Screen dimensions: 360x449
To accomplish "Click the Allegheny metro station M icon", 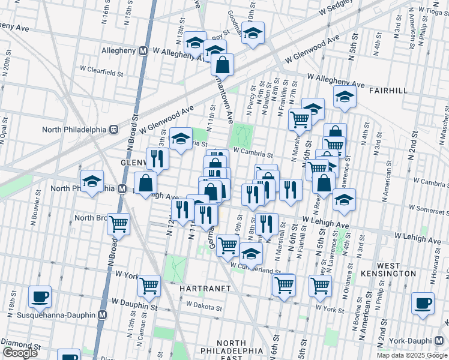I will [143, 51].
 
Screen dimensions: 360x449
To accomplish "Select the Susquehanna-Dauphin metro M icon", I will [103, 314].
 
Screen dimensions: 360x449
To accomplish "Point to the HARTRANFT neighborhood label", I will [206, 289].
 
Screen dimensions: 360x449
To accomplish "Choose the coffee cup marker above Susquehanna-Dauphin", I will [40, 296].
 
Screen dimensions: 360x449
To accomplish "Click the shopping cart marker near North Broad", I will [119, 224].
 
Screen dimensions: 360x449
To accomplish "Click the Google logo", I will [20, 353].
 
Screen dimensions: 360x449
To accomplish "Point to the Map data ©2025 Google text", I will [412, 355].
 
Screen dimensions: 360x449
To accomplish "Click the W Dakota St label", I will [204, 305].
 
